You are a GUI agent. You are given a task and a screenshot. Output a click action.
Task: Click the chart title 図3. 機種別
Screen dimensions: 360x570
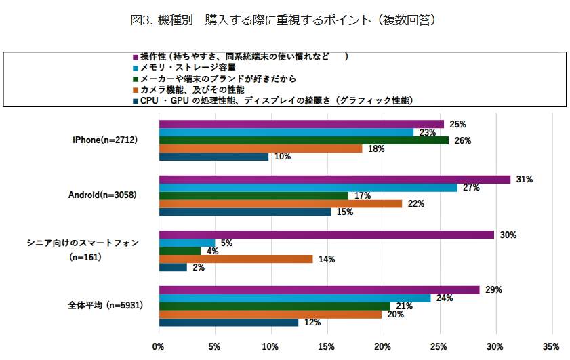pos(283,20)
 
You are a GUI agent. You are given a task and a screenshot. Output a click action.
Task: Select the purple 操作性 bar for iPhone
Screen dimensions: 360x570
pos(301,124)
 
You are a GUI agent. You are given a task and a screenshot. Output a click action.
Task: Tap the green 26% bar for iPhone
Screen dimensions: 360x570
pos(304,140)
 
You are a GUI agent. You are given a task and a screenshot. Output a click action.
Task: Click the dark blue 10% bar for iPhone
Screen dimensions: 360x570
pos(213,157)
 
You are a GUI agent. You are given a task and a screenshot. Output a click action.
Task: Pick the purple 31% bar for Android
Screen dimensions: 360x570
pos(334,180)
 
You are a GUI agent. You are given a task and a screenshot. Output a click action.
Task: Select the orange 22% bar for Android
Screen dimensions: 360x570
pos(280,203)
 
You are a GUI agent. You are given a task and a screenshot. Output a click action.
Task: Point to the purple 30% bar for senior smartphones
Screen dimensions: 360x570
pos(326,235)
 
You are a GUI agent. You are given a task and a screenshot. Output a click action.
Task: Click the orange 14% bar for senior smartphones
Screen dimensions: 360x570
pos(236,259)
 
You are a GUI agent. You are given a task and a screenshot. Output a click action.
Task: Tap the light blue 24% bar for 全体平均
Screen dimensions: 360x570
pos(294,298)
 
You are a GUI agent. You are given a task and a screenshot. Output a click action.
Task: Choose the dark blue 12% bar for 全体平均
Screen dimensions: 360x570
pos(228,322)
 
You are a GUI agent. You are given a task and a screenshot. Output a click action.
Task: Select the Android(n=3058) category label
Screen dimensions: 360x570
pos(101,195)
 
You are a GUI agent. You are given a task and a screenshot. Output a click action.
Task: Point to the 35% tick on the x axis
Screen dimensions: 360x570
pos(551,346)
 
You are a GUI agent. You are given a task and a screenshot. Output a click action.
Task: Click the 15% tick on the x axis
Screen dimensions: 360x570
pos(327,346)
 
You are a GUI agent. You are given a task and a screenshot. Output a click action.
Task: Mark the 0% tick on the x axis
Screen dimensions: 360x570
pos(159,346)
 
